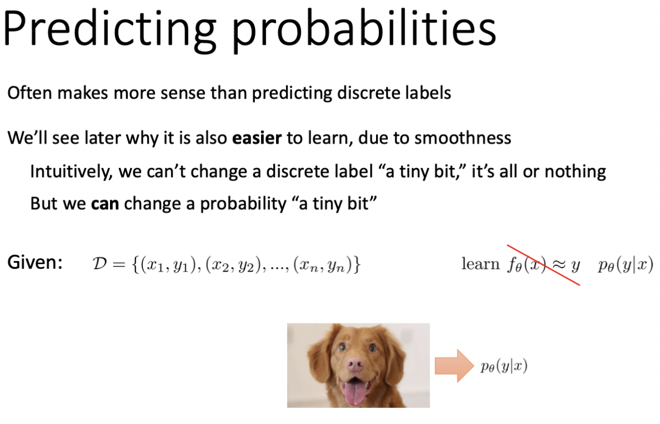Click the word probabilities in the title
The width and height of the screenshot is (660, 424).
click(364, 31)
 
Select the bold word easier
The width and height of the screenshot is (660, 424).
click(257, 138)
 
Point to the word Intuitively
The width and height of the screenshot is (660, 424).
click(72, 172)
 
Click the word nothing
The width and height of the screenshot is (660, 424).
click(575, 172)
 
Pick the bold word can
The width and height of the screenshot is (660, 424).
click(105, 204)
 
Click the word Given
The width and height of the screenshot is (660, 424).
click(35, 262)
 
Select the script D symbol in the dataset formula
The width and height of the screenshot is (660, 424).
click(100, 264)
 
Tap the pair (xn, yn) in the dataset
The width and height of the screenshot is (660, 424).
click(322, 265)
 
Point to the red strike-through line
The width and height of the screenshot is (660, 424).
click(543, 265)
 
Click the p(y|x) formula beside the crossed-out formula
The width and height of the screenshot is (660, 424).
click(626, 265)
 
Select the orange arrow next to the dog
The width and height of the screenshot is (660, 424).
click(454, 366)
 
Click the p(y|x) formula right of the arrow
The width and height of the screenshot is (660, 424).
click(504, 366)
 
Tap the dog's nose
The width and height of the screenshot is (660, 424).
click(355, 363)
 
